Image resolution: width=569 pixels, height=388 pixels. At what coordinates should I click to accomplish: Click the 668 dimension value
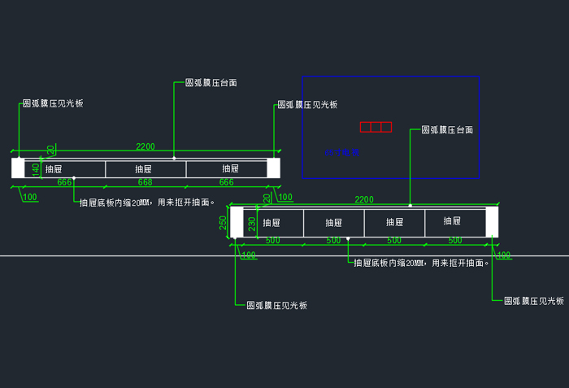click(145, 183)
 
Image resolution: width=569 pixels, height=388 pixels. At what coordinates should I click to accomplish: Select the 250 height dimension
click(223, 222)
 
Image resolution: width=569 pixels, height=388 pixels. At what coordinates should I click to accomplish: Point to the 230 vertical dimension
click(252, 222)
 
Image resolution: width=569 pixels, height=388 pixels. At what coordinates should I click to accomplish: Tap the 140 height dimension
click(36, 169)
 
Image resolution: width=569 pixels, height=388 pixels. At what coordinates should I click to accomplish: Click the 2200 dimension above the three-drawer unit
click(145, 147)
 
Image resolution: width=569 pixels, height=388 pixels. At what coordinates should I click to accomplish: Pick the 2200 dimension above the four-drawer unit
click(364, 200)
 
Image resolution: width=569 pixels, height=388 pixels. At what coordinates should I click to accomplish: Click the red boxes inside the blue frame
click(376, 127)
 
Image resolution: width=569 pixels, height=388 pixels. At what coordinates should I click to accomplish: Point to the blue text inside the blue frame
click(341, 152)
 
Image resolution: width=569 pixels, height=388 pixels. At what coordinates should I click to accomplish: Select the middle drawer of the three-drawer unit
click(145, 169)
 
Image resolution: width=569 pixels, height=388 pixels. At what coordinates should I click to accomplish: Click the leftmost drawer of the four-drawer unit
click(271, 222)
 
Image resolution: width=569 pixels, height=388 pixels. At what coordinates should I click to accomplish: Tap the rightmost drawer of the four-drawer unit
click(455, 222)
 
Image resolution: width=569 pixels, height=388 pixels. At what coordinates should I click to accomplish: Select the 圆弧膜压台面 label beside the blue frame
click(447, 130)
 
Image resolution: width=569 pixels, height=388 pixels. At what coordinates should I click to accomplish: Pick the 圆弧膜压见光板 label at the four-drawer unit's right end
click(534, 301)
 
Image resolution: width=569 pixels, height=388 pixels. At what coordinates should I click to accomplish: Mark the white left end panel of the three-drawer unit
click(18, 168)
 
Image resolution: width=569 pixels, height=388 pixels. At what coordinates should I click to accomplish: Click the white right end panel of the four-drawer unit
click(492, 222)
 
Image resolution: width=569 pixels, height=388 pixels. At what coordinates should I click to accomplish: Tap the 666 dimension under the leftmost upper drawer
click(65, 183)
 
